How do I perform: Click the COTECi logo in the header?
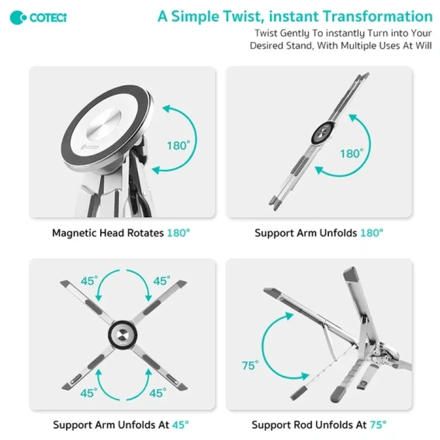pos(38,18)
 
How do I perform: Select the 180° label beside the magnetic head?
pos(178,146)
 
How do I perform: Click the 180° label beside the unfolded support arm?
pos(351,153)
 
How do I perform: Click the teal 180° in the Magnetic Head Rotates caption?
pos(178,233)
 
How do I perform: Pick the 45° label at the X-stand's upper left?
pos(90,281)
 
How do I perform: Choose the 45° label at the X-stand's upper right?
pos(162,281)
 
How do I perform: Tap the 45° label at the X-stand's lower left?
pos(89,393)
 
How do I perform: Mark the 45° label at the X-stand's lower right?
pos(158,393)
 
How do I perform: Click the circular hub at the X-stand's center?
pos(123,334)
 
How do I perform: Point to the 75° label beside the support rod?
pos(250,365)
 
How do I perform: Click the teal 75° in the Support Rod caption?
pos(378,425)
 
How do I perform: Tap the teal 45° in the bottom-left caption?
pos(181,425)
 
